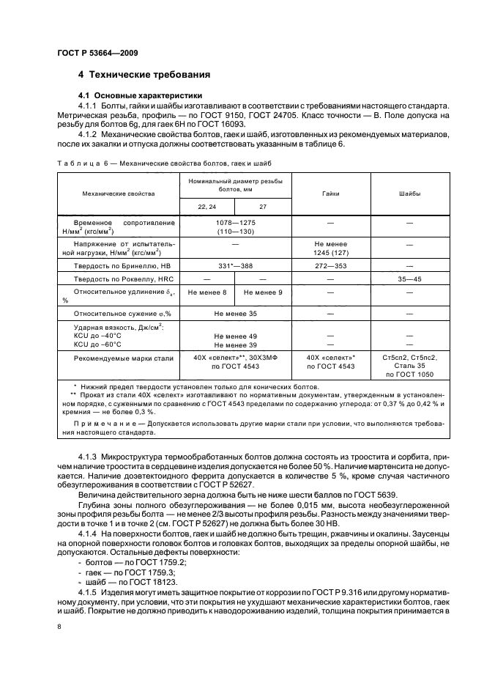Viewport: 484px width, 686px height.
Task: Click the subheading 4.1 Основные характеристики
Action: pos(140,96)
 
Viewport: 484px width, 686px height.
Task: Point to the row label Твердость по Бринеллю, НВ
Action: pos(121,265)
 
